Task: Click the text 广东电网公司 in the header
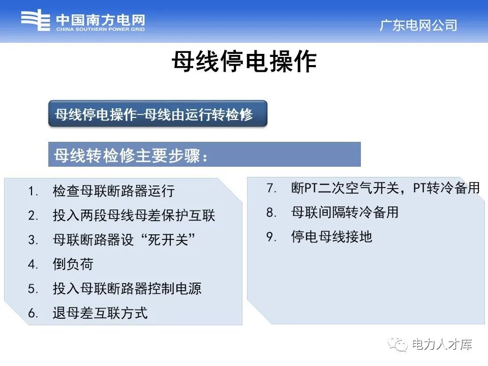coord(418,25)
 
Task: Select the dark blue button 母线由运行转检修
coord(158,114)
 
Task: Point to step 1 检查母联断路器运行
coord(113,191)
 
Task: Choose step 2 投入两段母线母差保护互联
coord(134,216)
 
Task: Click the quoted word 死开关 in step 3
coord(167,240)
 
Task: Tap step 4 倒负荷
coord(73,264)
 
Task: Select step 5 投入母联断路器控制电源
coord(127,289)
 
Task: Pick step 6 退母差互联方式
coord(100,313)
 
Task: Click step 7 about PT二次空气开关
coord(385,188)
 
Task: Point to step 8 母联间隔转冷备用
coord(345,212)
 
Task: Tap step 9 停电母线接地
coord(331,237)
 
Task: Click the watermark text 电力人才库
coord(442,345)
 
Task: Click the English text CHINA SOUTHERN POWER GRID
coord(100,29)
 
